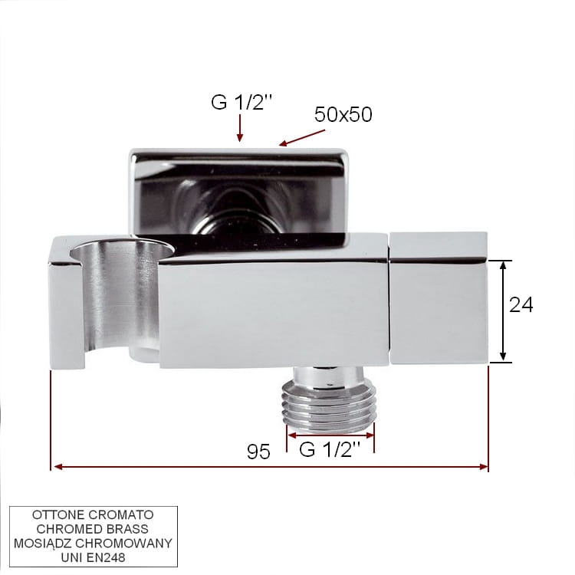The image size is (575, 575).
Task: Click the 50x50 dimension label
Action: pyautogui.click(x=343, y=114)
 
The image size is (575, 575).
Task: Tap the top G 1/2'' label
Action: pyautogui.click(x=242, y=101)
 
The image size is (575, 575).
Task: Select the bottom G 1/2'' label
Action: pyautogui.click(x=330, y=449)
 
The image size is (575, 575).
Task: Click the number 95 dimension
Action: pyautogui.click(x=258, y=452)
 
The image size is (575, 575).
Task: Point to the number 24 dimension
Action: pyautogui.click(x=521, y=304)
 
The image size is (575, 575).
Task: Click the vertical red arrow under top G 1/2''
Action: pyautogui.click(x=240, y=127)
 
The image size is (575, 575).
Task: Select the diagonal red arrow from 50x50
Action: pyautogui.click(x=302, y=137)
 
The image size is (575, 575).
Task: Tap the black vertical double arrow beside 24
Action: pyautogui.click(x=503, y=311)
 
